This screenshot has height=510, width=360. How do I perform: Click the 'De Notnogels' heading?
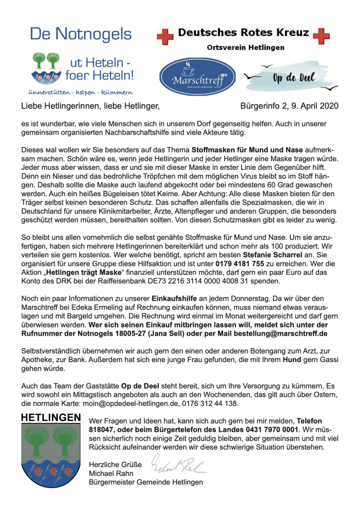coord(81,34)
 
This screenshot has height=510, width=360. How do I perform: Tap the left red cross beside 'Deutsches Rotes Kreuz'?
coord(165,35)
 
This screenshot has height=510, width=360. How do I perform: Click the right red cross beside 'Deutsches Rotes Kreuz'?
coord(321,35)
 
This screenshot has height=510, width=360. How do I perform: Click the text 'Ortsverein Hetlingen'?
coord(245,48)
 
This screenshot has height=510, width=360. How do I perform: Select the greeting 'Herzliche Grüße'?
coord(115,465)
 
